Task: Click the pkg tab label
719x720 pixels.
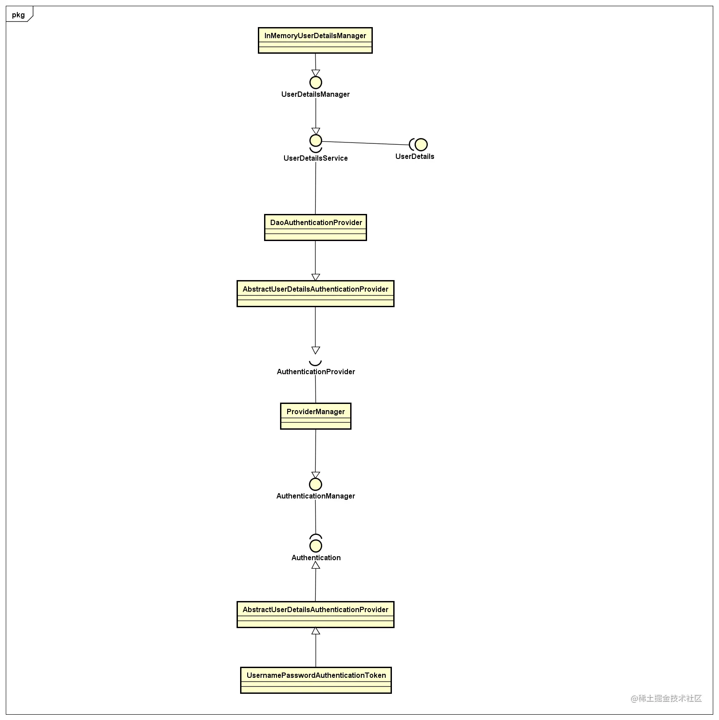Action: [x=18, y=15]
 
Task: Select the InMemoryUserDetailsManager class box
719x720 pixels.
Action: [x=315, y=40]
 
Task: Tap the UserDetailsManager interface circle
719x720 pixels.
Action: [x=316, y=83]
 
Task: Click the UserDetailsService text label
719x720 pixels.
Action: [x=316, y=158]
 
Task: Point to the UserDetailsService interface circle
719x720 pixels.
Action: [x=316, y=141]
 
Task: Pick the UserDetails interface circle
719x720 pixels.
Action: [x=421, y=145]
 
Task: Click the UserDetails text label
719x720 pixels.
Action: [x=415, y=156]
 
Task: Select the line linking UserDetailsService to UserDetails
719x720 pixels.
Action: [x=365, y=143]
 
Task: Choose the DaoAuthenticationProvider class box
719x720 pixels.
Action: [x=316, y=228]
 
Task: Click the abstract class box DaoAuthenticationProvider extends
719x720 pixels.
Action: [x=316, y=293]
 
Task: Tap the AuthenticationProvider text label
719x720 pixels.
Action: [x=316, y=372]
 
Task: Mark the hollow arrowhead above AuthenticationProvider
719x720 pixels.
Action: [x=316, y=350]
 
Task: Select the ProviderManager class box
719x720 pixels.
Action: [x=316, y=416]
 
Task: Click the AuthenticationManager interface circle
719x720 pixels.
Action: [x=316, y=484]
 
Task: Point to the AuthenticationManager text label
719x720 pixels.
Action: [x=316, y=496]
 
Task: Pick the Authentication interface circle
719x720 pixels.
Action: [x=316, y=546]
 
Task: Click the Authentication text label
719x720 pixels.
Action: [x=316, y=558]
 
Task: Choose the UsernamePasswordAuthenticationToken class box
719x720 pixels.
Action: [x=316, y=680]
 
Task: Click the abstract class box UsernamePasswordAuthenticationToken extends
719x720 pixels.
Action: [x=316, y=614]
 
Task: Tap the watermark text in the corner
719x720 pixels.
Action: [x=667, y=699]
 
